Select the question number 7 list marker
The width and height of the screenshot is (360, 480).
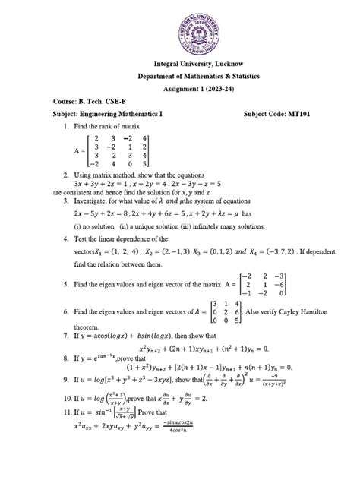click(67, 335)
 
